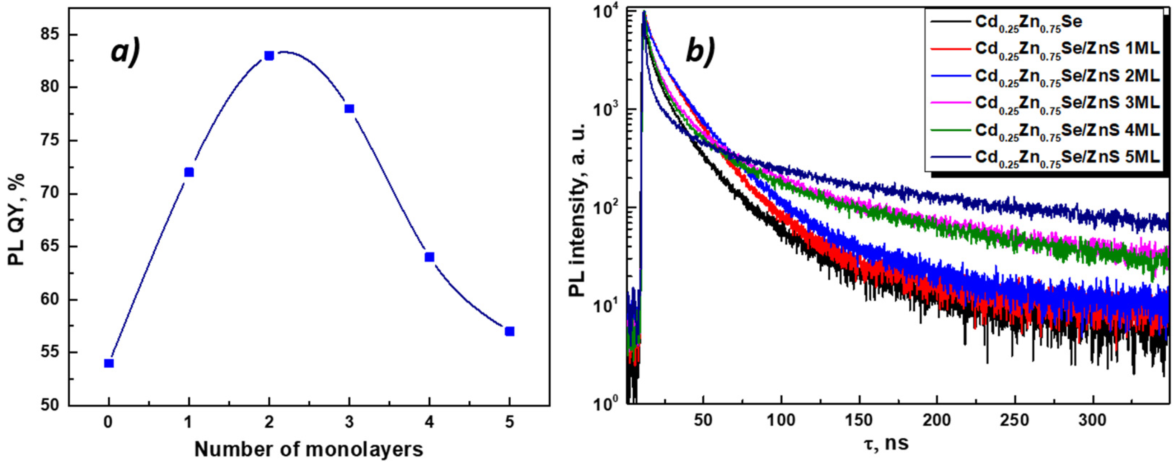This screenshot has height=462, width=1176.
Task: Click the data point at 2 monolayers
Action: (x=269, y=56)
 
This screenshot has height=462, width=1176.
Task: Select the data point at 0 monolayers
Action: (x=109, y=363)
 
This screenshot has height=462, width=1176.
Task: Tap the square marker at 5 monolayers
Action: (x=510, y=331)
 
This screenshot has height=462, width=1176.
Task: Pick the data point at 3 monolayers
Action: (x=349, y=109)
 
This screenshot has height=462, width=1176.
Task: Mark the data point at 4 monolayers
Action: (x=429, y=258)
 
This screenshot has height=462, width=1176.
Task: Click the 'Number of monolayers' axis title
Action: (x=309, y=450)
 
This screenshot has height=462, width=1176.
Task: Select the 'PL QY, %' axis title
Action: (x=17, y=219)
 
